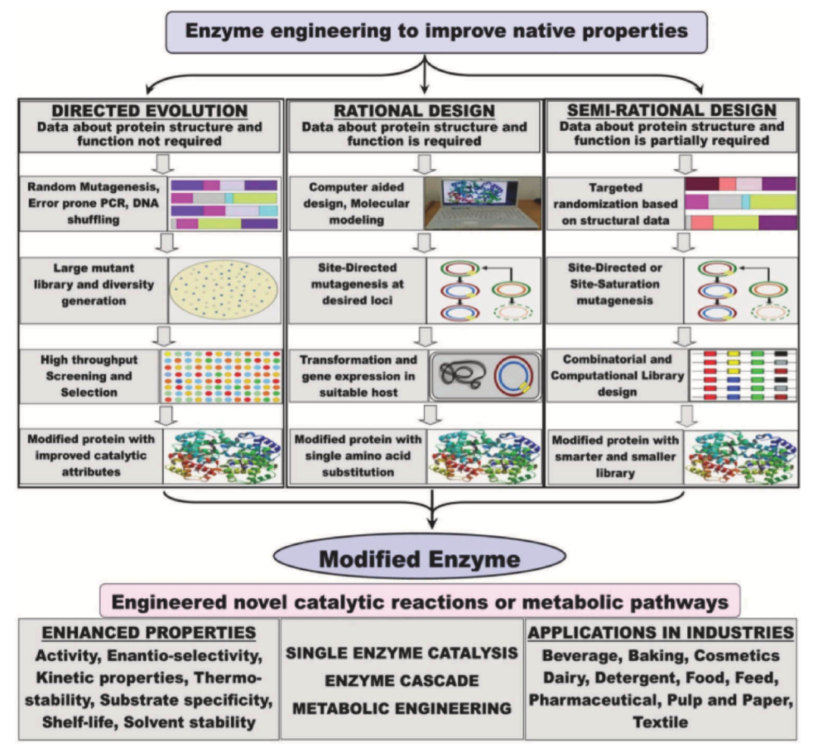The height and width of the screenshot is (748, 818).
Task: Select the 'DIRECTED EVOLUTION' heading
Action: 151,111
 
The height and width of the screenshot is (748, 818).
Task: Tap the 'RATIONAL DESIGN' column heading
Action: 414,111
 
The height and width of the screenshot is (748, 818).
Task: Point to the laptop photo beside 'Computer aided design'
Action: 483,204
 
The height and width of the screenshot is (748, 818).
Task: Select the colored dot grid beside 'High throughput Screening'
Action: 220,376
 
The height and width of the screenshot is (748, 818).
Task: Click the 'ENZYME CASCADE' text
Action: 401,681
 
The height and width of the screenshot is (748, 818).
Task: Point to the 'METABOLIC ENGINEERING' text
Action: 401,709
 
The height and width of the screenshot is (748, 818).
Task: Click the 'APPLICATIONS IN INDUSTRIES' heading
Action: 662,632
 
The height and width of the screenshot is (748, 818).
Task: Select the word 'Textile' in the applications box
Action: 661,722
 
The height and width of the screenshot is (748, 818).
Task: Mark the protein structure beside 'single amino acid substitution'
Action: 483,457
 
